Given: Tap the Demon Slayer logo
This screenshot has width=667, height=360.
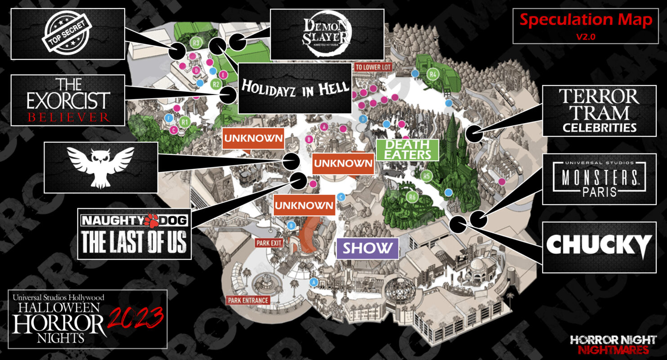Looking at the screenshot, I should pyautogui.click(x=327, y=34).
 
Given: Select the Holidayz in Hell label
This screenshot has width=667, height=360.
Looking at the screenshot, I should pyautogui.click(x=295, y=88).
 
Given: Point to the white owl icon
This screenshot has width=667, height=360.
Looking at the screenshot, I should pyautogui.click(x=101, y=167).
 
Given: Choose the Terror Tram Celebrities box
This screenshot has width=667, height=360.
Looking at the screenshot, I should pyautogui.click(x=599, y=111).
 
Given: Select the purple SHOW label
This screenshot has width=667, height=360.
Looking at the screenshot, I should pyautogui.click(x=367, y=248).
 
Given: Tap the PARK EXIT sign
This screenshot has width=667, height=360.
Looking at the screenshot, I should pyautogui.click(x=269, y=243).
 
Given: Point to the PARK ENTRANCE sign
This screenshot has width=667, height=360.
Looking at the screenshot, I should pyautogui.click(x=248, y=300).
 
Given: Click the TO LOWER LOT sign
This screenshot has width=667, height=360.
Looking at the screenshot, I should pyautogui.click(x=373, y=67).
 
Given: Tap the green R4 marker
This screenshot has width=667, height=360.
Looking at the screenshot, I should pyautogui.click(x=433, y=74).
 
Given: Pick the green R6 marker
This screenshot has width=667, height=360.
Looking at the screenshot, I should pyautogui.click(x=411, y=196).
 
